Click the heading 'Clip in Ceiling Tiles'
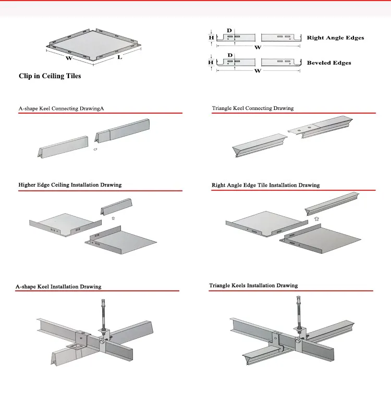[50, 76]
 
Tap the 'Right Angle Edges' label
[335, 38]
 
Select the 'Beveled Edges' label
[329, 63]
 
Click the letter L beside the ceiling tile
[119, 57]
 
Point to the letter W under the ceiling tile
[68, 58]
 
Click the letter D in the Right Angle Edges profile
[230, 30]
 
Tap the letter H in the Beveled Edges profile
[211, 62]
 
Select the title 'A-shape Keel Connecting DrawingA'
[62, 108]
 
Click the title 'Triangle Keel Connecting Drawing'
[252, 108]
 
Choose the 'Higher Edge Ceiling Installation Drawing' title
[70, 185]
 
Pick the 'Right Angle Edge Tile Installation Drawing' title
[265, 185]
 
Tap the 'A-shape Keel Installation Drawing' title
[58, 286]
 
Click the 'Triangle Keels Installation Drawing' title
[253, 286]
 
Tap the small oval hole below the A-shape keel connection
[94, 150]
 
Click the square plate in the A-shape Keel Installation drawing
[76, 346]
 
